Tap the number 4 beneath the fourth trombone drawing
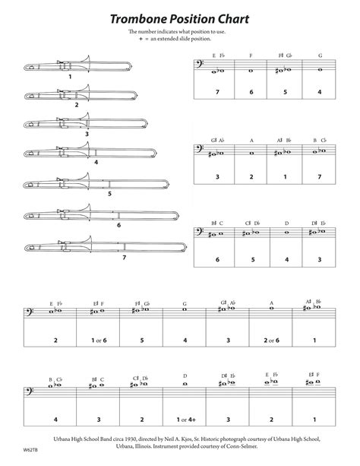coord(96,163)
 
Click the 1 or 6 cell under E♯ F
coord(99,341)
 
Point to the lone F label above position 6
coord(251,55)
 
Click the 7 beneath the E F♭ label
coord(217,91)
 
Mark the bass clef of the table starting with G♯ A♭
coord(201,151)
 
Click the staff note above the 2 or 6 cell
coord(270,310)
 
